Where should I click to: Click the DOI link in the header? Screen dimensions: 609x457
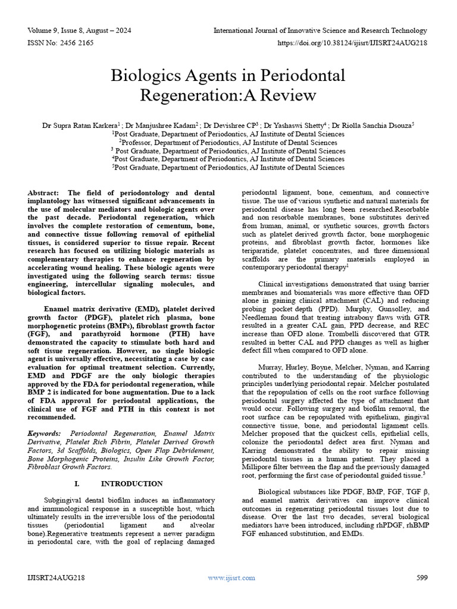tap(352, 43)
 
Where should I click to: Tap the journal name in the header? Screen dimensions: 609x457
tap(320, 30)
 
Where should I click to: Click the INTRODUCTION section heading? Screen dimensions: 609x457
tap(132, 484)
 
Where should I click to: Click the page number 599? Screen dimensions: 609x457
tap(422, 577)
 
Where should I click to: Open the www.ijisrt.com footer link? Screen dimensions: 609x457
tap(231, 577)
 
